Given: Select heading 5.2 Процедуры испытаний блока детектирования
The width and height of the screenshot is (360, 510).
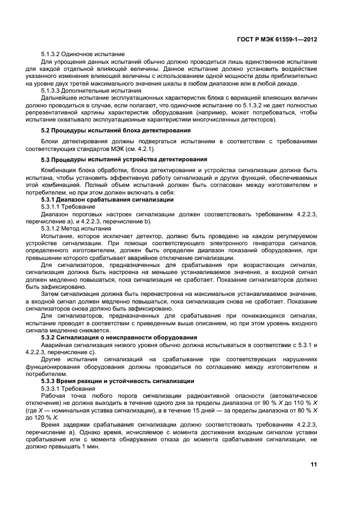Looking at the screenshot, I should pos(115,131).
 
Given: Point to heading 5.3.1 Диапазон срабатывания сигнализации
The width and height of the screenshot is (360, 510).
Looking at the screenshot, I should pos(107,199).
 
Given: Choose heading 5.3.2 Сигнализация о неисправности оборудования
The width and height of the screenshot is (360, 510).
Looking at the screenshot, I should pos(119,337).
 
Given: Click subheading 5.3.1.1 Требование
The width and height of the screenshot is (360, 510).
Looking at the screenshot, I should pos(66,207).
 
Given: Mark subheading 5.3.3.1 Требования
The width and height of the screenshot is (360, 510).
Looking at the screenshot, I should pos(68,388).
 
